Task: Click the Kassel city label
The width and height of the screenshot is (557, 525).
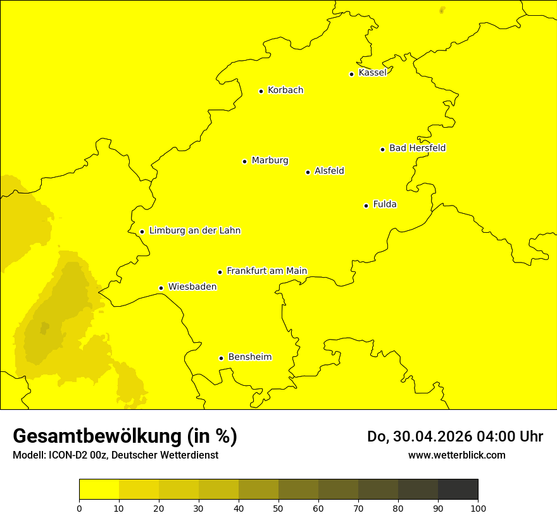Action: click(x=372, y=73)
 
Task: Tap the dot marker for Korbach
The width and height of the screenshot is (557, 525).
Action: click(x=261, y=91)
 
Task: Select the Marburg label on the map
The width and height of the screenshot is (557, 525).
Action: click(x=270, y=161)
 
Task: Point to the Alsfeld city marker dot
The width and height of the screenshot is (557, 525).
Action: click(x=308, y=172)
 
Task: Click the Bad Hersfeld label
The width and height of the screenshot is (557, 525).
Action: click(x=417, y=148)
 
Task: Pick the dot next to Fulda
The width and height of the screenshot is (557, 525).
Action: click(x=366, y=206)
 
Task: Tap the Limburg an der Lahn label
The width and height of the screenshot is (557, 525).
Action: click(x=195, y=231)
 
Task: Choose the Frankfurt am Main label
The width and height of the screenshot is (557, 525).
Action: click(x=266, y=271)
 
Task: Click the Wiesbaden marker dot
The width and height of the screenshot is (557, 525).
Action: click(x=161, y=288)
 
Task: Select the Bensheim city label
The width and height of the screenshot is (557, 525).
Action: click(x=249, y=357)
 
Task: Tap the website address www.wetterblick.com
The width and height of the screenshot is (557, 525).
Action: click(x=456, y=455)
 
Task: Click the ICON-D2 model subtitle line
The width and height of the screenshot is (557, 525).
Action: click(x=115, y=455)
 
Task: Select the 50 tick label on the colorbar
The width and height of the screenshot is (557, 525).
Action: click(x=278, y=508)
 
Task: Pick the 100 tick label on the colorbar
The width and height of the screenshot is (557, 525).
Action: click(x=478, y=508)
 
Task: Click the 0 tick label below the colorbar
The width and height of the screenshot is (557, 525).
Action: click(x=79, y=508)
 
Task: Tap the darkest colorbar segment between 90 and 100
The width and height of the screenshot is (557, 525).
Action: click(x=458, y=490)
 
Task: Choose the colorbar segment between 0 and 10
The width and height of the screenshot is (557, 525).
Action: click(x=99, y=490)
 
